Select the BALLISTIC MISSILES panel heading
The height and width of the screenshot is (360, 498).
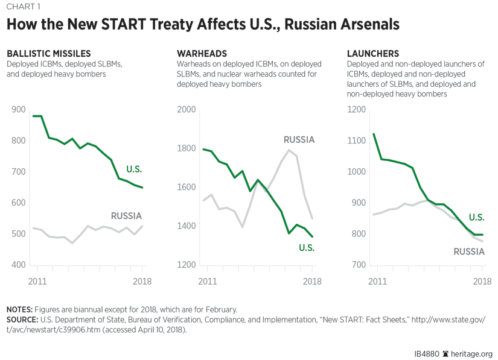(49, 54)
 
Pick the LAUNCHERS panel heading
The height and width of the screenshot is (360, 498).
(372, 54)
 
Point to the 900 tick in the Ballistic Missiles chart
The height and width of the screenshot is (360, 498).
(19, 110)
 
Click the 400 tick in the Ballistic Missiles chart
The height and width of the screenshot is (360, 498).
(19, 265)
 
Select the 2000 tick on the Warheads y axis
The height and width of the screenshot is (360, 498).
(187, 110)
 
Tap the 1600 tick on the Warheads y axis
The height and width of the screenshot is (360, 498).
(187, 188)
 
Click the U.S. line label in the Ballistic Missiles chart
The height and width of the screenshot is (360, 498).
(133, 169)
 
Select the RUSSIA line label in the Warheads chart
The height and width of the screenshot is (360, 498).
(299, 140)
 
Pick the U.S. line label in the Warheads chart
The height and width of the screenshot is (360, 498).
(307, 247)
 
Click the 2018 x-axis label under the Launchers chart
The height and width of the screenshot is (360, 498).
(482, 281)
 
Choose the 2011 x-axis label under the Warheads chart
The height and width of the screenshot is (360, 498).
(207, 281)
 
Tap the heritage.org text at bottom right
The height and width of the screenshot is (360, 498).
(472, 354)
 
